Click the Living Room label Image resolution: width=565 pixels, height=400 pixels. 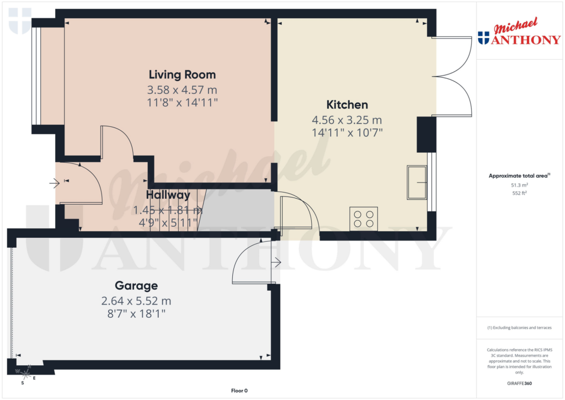tap(182, 74)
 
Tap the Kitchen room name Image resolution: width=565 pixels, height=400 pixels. tap(347, 105)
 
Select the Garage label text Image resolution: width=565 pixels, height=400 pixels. tap(136, 286)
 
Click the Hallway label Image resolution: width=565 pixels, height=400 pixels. tap(168, 195)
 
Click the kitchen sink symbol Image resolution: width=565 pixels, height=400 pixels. tap(418, 182)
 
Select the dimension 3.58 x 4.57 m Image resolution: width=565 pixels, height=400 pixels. tap(182, 89)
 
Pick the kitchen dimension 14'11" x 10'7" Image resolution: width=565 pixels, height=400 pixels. tap(347, 132)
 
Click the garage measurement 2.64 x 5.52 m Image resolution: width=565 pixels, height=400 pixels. tap(136, 301)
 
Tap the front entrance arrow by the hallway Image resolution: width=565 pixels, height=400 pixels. tap(54, 182)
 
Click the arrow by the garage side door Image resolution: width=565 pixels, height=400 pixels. tap(277, 263)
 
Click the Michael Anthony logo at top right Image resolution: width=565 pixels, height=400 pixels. tap(519, 34)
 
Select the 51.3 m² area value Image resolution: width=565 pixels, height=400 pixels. tap(519, 185)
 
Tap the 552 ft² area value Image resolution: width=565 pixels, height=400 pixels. tap(519, 194)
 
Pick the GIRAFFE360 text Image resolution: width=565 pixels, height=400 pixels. tap(519, 383)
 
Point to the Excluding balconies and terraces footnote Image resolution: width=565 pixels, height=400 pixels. tap(519, 328)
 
